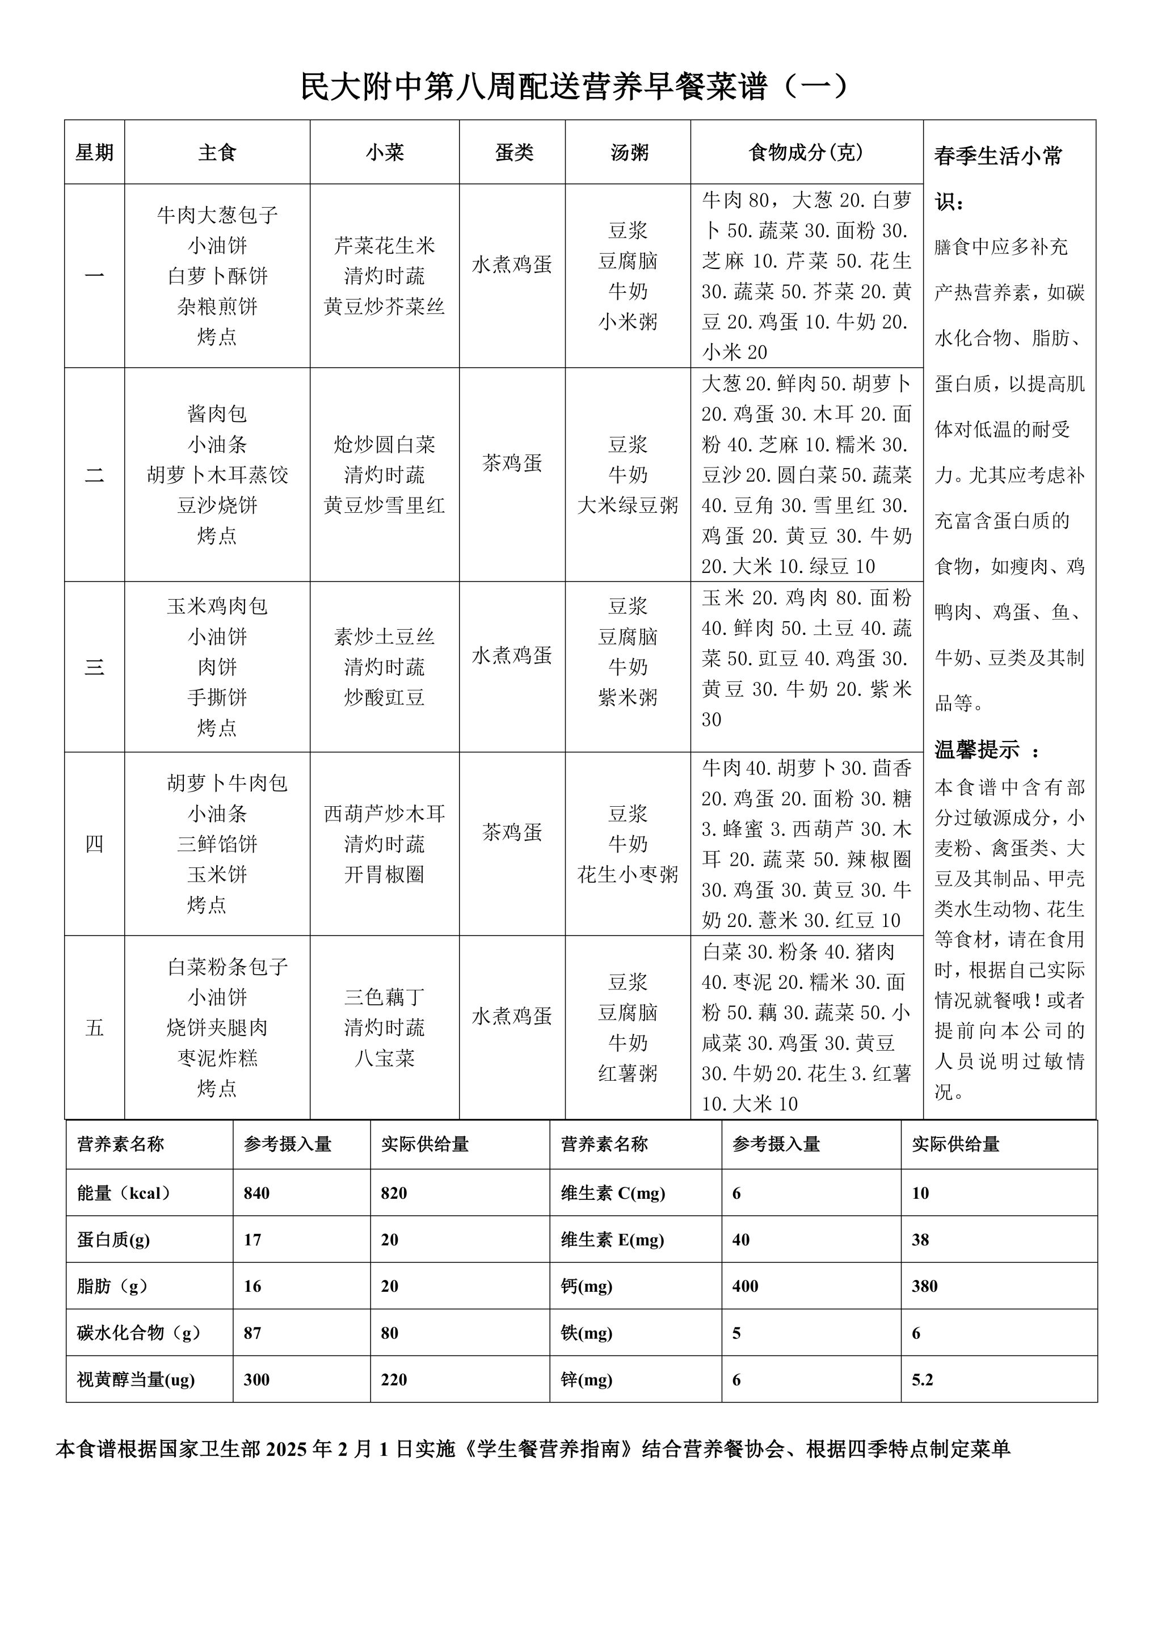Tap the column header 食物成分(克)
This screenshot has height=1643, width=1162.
(806, 151)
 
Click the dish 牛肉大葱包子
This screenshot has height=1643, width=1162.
(217, 214)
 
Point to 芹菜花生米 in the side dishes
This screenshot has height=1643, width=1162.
(384, 246)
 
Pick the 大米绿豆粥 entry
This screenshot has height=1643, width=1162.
(628, 505)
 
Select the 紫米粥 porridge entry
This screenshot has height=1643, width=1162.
(628, 697)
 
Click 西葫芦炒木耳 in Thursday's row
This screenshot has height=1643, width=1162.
(384, 814)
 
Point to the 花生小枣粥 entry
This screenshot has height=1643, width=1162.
(628, 874)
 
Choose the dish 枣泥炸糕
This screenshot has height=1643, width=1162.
(217, 1058)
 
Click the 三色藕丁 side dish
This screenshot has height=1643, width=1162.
(384, 997)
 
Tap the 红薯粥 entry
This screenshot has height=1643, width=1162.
(628, 1073)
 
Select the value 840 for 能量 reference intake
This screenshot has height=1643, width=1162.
(256, 1193)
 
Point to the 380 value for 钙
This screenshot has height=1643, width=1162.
(924, 1286)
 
